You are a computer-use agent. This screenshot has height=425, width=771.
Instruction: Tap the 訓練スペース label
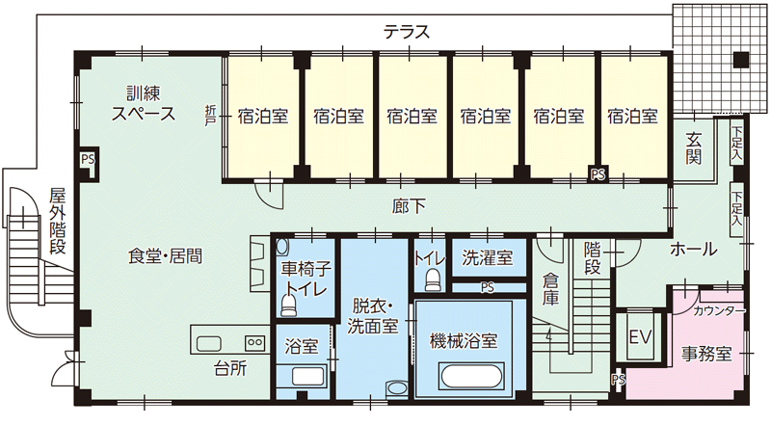click(x=143, y=103)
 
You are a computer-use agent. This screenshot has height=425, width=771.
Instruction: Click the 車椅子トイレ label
click(x=305, y=279)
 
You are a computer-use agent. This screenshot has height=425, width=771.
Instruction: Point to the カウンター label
click(x=719, y=311)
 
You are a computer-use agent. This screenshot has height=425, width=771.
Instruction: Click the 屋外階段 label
click(x=58, y=221)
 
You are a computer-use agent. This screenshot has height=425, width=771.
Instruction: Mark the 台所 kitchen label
click(x=228, y=367)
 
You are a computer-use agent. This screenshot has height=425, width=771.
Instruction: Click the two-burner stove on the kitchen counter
click(x=255, y=342)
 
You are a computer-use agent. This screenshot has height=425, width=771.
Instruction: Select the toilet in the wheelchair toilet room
click(x=288, y=305)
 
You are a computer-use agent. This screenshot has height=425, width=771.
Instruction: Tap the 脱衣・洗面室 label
click(x=373, y=314)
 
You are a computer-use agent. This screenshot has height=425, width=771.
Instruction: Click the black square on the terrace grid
click(x=739, y=59)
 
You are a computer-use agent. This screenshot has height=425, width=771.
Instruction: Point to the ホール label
click(x=694, y=250)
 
